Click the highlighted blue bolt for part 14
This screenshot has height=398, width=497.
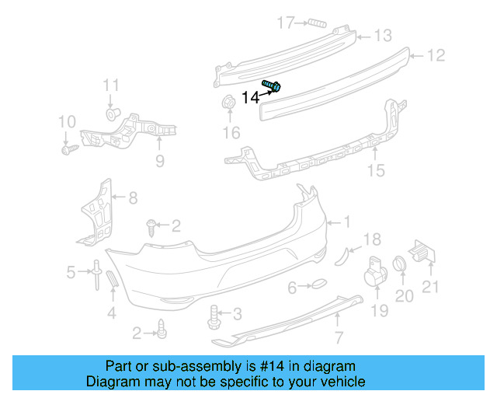(x=272, y=86)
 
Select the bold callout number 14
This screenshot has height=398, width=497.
(x=250, y=97)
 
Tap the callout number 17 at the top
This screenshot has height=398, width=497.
(x=288, y=22)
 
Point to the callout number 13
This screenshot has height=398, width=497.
(x=384, y=36)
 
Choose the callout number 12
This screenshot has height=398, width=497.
(x=437, y=55)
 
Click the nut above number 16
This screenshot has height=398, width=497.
(x=230, y=103)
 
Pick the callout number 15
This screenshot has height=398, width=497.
(x=376, y=170)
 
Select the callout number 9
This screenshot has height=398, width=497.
(x=160, y=161)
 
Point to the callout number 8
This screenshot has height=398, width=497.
(x=133, y=198)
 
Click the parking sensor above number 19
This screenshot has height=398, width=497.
(x=376, y=270)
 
